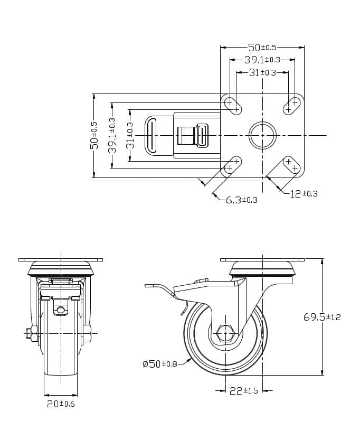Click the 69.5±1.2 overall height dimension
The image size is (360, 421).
pyautogui.click(x=322, y=317)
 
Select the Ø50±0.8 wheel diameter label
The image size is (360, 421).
pyautogui.click(x=160, y=363)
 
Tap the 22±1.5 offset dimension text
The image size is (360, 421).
pyautogui.click(x=243, y=391)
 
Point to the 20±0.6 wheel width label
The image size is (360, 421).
pyautogui.click(x=60, y=404)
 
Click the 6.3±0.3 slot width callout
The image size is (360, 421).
pyautogui.click(x=241, y=200)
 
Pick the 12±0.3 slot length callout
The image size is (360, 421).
pyautogui.click(x=304, y=194)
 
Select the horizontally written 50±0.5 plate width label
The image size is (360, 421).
pyautogui.click(x=262, y=48)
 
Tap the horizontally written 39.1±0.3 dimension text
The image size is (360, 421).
pyautogui.click(x=262, y=60)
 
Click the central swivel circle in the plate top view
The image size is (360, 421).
pyautogui.click(x=262, y=136)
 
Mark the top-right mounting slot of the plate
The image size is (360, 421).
pyautogui.click(x=291, y=106)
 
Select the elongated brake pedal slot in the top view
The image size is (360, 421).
pyautogui.click(x=152, y=136)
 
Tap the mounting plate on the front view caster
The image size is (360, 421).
pyautogui.click(x=60, y=260)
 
